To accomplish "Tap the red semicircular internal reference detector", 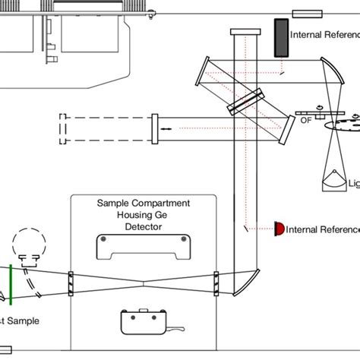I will (279, 228).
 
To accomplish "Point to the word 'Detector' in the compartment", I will (142, 226).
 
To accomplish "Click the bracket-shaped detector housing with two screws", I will (142, 247).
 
